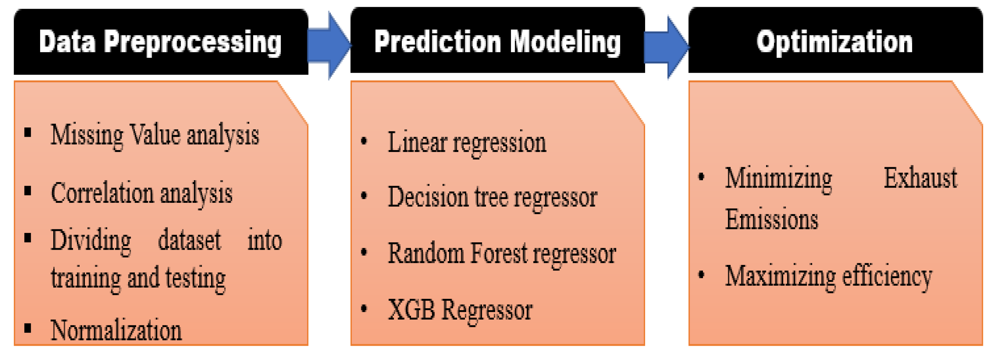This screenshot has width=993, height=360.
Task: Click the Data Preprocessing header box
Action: (161, 42)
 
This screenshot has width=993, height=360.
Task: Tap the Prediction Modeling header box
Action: (498, 40)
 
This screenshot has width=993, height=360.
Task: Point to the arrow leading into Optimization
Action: (667, 47)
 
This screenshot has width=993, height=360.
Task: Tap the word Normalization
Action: (116, 330)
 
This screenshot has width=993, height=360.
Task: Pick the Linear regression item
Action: (467, 143)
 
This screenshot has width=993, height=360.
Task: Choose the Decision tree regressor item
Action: (492, 198)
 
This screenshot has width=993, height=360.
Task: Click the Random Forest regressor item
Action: (502, 254)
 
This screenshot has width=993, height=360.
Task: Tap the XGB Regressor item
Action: (460, 310)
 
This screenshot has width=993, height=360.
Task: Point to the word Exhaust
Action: (920, 178)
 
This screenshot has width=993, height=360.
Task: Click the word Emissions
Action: (772, 219)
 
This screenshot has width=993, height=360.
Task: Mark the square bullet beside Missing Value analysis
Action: (27, 133)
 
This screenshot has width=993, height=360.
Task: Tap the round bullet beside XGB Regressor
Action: (364, 308)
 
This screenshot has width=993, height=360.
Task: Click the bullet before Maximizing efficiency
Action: (701, 275)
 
